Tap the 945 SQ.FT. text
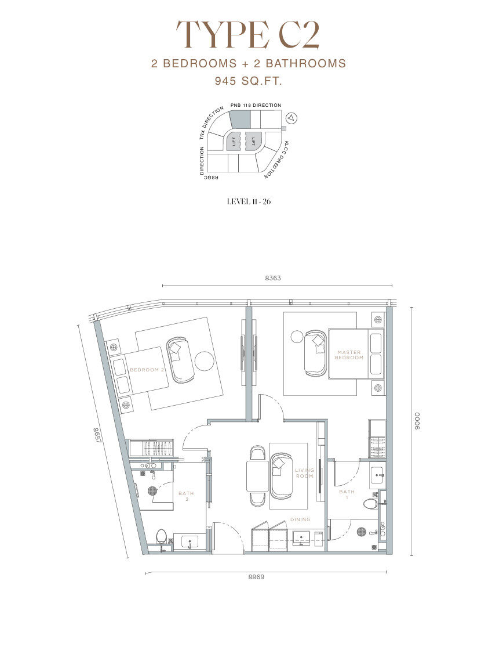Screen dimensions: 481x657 pyautogui.click(x=249, y=81)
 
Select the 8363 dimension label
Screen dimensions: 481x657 pyautogui.click(x=273, y=278)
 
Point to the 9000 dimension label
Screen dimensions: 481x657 pyautogui.click(x=417, y=421)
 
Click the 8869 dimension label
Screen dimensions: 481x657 pyautogui.click(x=256, y=576)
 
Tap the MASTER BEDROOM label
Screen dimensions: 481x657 pyautogui.click(x=349, y=355)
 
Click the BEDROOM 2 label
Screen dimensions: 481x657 pyautogui.click(x=144, y=370)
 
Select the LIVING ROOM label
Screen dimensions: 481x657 pyautogui.click(x=304, y=473)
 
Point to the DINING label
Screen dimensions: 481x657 pyautogui.click(x=300, y=519)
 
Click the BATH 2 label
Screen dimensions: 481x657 pyautogui.click(x=187, y=496)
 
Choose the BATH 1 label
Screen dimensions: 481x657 pyautogui.click(x=347, y=494)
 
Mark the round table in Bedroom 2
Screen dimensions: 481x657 pyautogui.click(x=205, y=361)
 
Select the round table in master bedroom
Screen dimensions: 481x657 pyautogui.click(x=297, y=337)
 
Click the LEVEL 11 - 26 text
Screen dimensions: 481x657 pyautogui.click(x=249, y=201)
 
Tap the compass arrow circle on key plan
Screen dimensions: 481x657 pyautogui.click(x=292, y=118)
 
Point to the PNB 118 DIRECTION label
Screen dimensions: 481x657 pyautogui.click(x=256, y=105)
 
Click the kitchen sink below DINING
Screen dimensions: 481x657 pyautogui.click(x=301, y=537)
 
